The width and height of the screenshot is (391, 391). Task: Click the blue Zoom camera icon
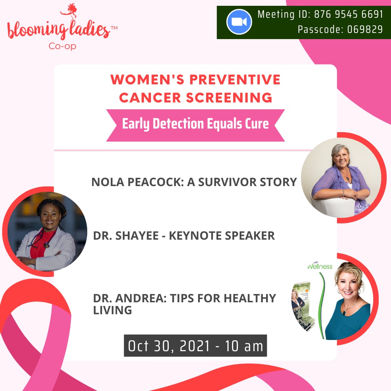click(x=239, y=22)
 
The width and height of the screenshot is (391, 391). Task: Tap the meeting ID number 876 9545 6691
click(x=349, y=14)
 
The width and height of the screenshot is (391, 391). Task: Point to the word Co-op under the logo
click(x=62, y=46)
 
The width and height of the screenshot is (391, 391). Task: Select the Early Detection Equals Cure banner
click(x=195, y=124)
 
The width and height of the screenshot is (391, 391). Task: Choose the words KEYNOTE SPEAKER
click(x=222, y=236)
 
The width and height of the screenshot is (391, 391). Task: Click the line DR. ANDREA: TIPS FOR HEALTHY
click(x=185, y=298)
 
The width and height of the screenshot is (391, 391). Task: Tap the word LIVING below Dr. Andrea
click(x=112, y=310)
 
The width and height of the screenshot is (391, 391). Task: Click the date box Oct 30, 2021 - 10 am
click(x=195, y=346)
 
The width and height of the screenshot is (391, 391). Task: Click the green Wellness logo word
click(x=320, y=266)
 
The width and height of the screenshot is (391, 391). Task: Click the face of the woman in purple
click(x=340, y=156)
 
